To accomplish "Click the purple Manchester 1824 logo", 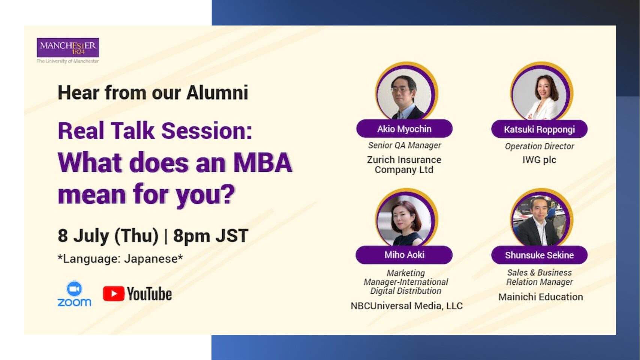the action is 68,47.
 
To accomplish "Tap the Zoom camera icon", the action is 74,289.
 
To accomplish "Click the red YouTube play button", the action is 114,293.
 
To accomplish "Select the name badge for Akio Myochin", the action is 404,129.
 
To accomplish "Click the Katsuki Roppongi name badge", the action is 540,129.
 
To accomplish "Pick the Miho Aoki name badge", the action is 404,255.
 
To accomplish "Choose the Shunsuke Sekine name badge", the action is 540,255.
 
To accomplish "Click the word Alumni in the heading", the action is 217,93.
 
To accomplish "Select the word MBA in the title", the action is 262,163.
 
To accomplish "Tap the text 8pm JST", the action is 211,236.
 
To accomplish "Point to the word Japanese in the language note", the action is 153,259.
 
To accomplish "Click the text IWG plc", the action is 540,160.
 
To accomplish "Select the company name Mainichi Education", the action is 541,297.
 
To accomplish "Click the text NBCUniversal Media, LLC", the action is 406,306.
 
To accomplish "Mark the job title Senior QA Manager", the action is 405,145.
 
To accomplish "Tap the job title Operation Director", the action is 540,146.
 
